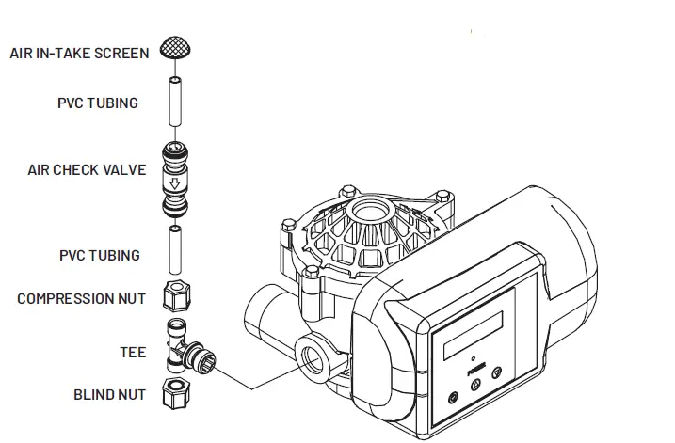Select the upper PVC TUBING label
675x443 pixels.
[x=98, y=103]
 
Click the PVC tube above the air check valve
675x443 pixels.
[x=173, y=103]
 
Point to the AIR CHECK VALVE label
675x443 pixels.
[x=87, y=170]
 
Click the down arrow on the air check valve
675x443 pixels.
[x=173, y=183]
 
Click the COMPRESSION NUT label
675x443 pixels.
[x=82, y=299]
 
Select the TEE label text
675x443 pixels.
[x=133, y=353]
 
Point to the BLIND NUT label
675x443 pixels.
[x=110, y=395]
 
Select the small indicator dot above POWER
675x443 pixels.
[x=472, y=358]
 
